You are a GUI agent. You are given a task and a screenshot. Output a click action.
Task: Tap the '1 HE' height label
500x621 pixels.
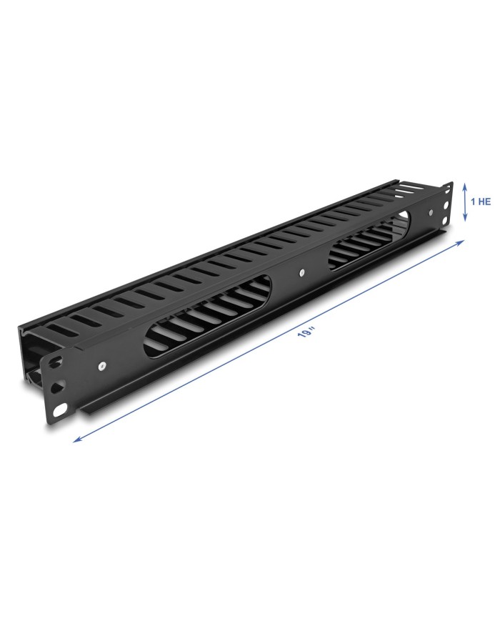480,202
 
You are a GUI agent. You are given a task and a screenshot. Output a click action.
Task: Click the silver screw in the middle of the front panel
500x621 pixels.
301,272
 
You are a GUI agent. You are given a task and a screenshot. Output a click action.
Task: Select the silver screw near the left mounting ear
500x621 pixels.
102,367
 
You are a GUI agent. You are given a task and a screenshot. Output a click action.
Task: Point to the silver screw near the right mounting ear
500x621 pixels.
431,212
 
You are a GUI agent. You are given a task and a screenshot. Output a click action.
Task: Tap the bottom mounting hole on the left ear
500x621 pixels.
60,409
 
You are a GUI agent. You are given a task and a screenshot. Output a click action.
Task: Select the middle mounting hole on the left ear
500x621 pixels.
59,385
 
